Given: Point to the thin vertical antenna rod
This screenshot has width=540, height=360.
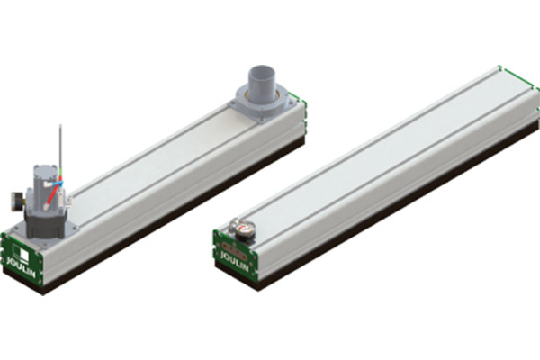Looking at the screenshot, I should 60,144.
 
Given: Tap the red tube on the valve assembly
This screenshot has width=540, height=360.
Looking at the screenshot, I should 54,190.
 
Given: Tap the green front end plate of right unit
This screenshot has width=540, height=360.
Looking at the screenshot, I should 237,252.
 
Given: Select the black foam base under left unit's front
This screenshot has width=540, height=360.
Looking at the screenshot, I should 22,279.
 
